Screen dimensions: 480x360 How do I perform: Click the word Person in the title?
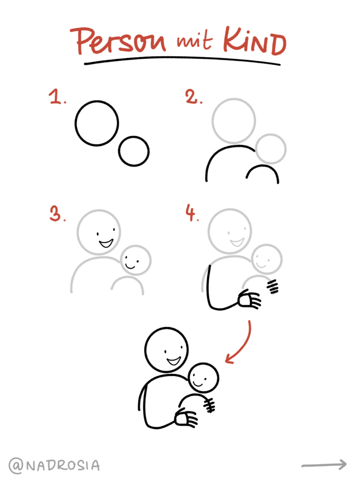pos(120,41)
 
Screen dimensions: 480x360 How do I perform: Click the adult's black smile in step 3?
pos(106,243)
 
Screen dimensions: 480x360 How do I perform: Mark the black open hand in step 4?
pos(249,300)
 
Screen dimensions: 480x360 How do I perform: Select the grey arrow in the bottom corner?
pos(324,465)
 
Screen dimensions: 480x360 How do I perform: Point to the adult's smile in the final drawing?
pos(174,360)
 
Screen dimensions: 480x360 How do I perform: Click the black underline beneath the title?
pos(182,60)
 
